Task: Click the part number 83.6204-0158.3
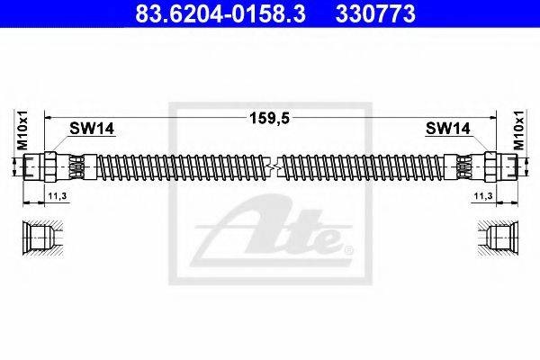[x=220, y=13]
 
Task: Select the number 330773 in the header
[x=375, y=13]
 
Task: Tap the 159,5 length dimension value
[x=270, y=118]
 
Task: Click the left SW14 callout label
[x=92, y=129]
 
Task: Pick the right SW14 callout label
[x=447, y=129]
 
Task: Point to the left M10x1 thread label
[x=23, y=130]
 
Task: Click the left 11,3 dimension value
[x=58, y=196]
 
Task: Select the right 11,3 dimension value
[x=483, y=196]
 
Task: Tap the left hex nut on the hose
[x=50, y=166]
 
